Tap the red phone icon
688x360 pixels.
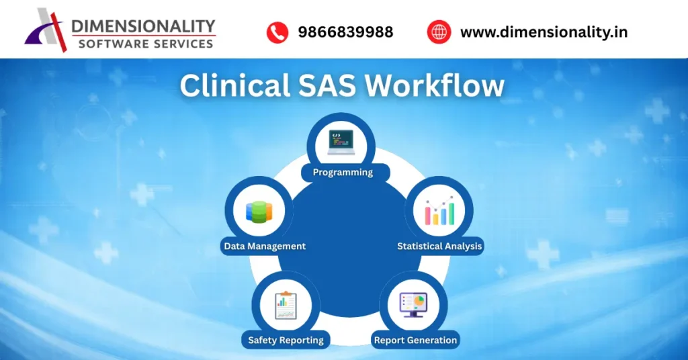(x=277, y=32)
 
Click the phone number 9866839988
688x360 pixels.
(x=345, y=32)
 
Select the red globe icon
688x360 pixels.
(x=439, y=32)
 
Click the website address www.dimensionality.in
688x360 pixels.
(x=544, y=32)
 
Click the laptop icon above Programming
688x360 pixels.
(x=341, y=142)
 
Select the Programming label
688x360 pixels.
(x=343, y=173)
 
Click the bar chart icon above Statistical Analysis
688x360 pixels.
(x=439, y=211)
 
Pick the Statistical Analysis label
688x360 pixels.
(x=439, y=246)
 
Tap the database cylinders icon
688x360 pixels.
(x=259, y=212)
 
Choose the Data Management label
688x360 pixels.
(x=265, y=246)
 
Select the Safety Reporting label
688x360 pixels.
(x=286, y=340)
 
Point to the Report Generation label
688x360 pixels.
(x=415, y=340)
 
